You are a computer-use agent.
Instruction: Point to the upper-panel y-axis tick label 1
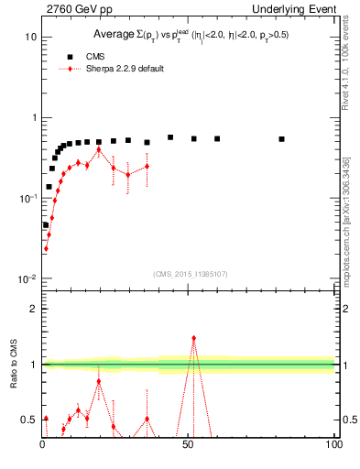[33, 117]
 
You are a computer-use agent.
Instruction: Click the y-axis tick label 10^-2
[28, 278]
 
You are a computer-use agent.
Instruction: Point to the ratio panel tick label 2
[33, 309]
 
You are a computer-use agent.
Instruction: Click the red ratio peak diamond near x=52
[193, 338]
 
